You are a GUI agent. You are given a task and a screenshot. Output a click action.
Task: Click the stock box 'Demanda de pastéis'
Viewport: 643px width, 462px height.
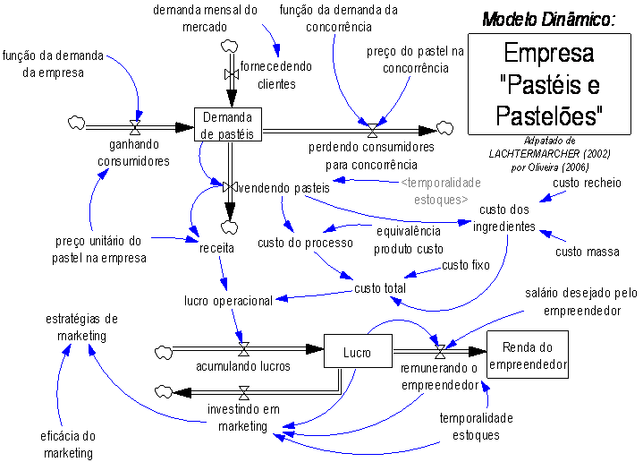click(228, 125)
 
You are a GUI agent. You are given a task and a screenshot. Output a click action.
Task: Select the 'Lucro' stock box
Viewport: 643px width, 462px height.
click(358, 352)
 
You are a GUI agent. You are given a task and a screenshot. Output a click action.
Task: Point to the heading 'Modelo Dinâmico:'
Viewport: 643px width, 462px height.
click(549, 19)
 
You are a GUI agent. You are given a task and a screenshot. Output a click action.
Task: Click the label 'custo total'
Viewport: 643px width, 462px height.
click(380, 288)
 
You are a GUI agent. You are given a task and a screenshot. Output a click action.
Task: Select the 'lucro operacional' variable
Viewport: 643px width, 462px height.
click(228, 301)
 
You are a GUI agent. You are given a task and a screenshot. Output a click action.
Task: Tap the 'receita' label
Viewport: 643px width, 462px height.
click(216, 242)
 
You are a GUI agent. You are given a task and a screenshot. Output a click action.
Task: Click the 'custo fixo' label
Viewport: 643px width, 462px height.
click(467, 265)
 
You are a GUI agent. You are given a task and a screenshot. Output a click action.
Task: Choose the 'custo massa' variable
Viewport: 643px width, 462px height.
click(587, 252)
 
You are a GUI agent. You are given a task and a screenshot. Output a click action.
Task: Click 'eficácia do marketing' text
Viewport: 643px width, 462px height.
click(69, 444)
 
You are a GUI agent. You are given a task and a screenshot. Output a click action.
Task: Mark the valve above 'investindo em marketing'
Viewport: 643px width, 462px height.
click(243, 392)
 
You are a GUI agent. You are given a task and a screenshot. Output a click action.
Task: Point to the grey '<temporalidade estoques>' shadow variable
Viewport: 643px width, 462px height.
click(441, 190)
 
